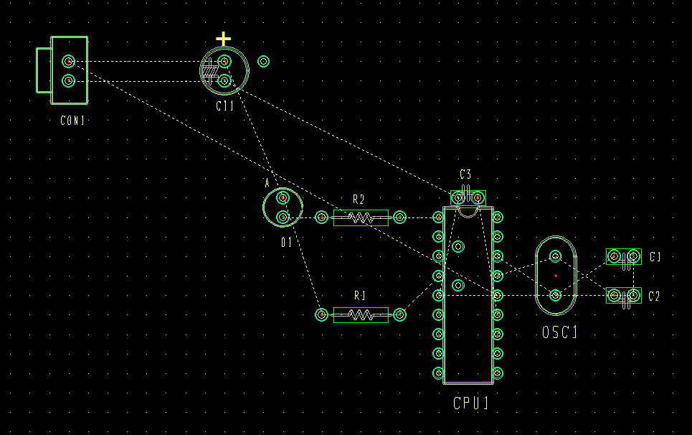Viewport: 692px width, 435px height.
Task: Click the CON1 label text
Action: coord(72,120)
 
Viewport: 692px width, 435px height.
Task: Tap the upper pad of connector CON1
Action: coord(68,61)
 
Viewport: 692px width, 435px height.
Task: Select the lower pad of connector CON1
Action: coord(68,81)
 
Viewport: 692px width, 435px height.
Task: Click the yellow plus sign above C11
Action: coord(223,39)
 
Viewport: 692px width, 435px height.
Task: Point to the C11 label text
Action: coord(224,106)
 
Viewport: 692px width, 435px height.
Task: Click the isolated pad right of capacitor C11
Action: coord(263,62)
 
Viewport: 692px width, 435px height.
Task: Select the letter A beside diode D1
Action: coord(267,183)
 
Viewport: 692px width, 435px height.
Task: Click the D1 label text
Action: coord(286,242)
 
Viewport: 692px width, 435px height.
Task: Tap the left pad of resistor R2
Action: coord(322,217)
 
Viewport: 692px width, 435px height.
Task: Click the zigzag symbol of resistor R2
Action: coord(361,217)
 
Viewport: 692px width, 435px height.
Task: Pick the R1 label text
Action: coord(360,296)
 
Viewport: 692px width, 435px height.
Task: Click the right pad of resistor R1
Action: coord(399,314)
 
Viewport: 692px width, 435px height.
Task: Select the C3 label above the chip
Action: coord(465,174)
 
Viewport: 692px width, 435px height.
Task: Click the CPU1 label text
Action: coord(471,403)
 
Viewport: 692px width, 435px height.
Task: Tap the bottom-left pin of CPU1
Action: coord(438,373)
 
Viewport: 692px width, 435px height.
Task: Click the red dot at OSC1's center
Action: coord(556,276)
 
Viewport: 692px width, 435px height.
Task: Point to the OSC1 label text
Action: coord(559,332)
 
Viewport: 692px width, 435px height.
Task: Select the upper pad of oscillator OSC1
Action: coord(556,256)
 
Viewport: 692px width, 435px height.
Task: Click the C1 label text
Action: coord(655,256)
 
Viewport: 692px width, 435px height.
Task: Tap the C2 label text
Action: coord(654,296)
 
